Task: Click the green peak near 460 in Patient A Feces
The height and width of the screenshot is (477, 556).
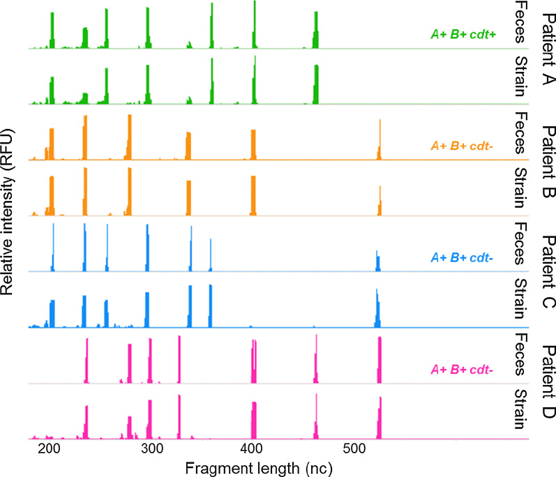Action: [x=316, y=31]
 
